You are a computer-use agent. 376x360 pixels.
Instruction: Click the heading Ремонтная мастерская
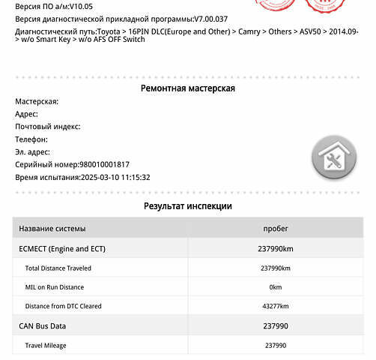187,88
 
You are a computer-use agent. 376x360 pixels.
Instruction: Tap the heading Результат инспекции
187,206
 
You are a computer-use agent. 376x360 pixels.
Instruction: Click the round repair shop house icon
333,157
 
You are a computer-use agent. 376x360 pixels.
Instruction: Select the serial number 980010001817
103,165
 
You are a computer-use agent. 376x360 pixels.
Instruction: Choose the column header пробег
275,229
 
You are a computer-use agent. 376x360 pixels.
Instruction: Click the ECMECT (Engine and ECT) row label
62,248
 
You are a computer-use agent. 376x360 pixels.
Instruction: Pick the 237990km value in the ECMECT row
275,248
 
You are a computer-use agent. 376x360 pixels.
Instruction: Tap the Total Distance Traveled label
58,268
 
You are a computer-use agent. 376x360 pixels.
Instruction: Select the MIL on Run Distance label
55,287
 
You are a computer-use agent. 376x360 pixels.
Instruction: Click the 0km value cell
275,287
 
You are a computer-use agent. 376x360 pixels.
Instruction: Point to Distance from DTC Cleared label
64,307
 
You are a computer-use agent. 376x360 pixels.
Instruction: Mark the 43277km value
275,307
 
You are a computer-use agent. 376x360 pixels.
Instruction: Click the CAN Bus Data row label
43,326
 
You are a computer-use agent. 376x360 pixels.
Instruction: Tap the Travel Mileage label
46,346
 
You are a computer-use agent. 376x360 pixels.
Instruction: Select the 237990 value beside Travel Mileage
275,346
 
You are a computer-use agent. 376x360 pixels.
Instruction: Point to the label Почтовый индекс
47,127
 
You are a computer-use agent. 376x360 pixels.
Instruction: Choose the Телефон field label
31,139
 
